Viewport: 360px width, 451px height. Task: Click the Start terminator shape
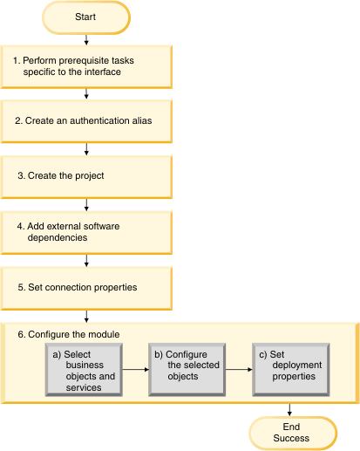(x=86, y=17)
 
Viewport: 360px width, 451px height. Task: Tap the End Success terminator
(x=293, y=433)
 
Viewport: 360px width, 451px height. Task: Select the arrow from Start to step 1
(x=86, y=40)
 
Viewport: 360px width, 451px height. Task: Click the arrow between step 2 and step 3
(x=86, y=149)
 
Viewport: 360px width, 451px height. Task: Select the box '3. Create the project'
(x=86, y=177)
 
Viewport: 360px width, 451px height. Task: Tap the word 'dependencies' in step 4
(x=58, y=238)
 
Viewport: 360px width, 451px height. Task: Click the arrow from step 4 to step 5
(x=86, y=261)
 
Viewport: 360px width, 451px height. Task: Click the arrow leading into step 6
(x=86, y=317)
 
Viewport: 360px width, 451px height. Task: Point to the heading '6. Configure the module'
(x=69, y=334)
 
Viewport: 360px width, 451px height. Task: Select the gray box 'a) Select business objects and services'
(x=84, y=370)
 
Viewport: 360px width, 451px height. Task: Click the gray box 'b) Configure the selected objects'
(x=187, y=370)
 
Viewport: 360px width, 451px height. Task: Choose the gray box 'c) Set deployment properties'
(x=291, y=370)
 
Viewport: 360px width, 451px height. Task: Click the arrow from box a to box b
(x=136, y=370)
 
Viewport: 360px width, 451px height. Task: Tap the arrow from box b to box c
(x=239, y=370)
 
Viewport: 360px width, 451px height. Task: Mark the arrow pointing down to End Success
(x=289, y=410)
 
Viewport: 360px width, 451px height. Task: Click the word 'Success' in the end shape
(x=291, y=438)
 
